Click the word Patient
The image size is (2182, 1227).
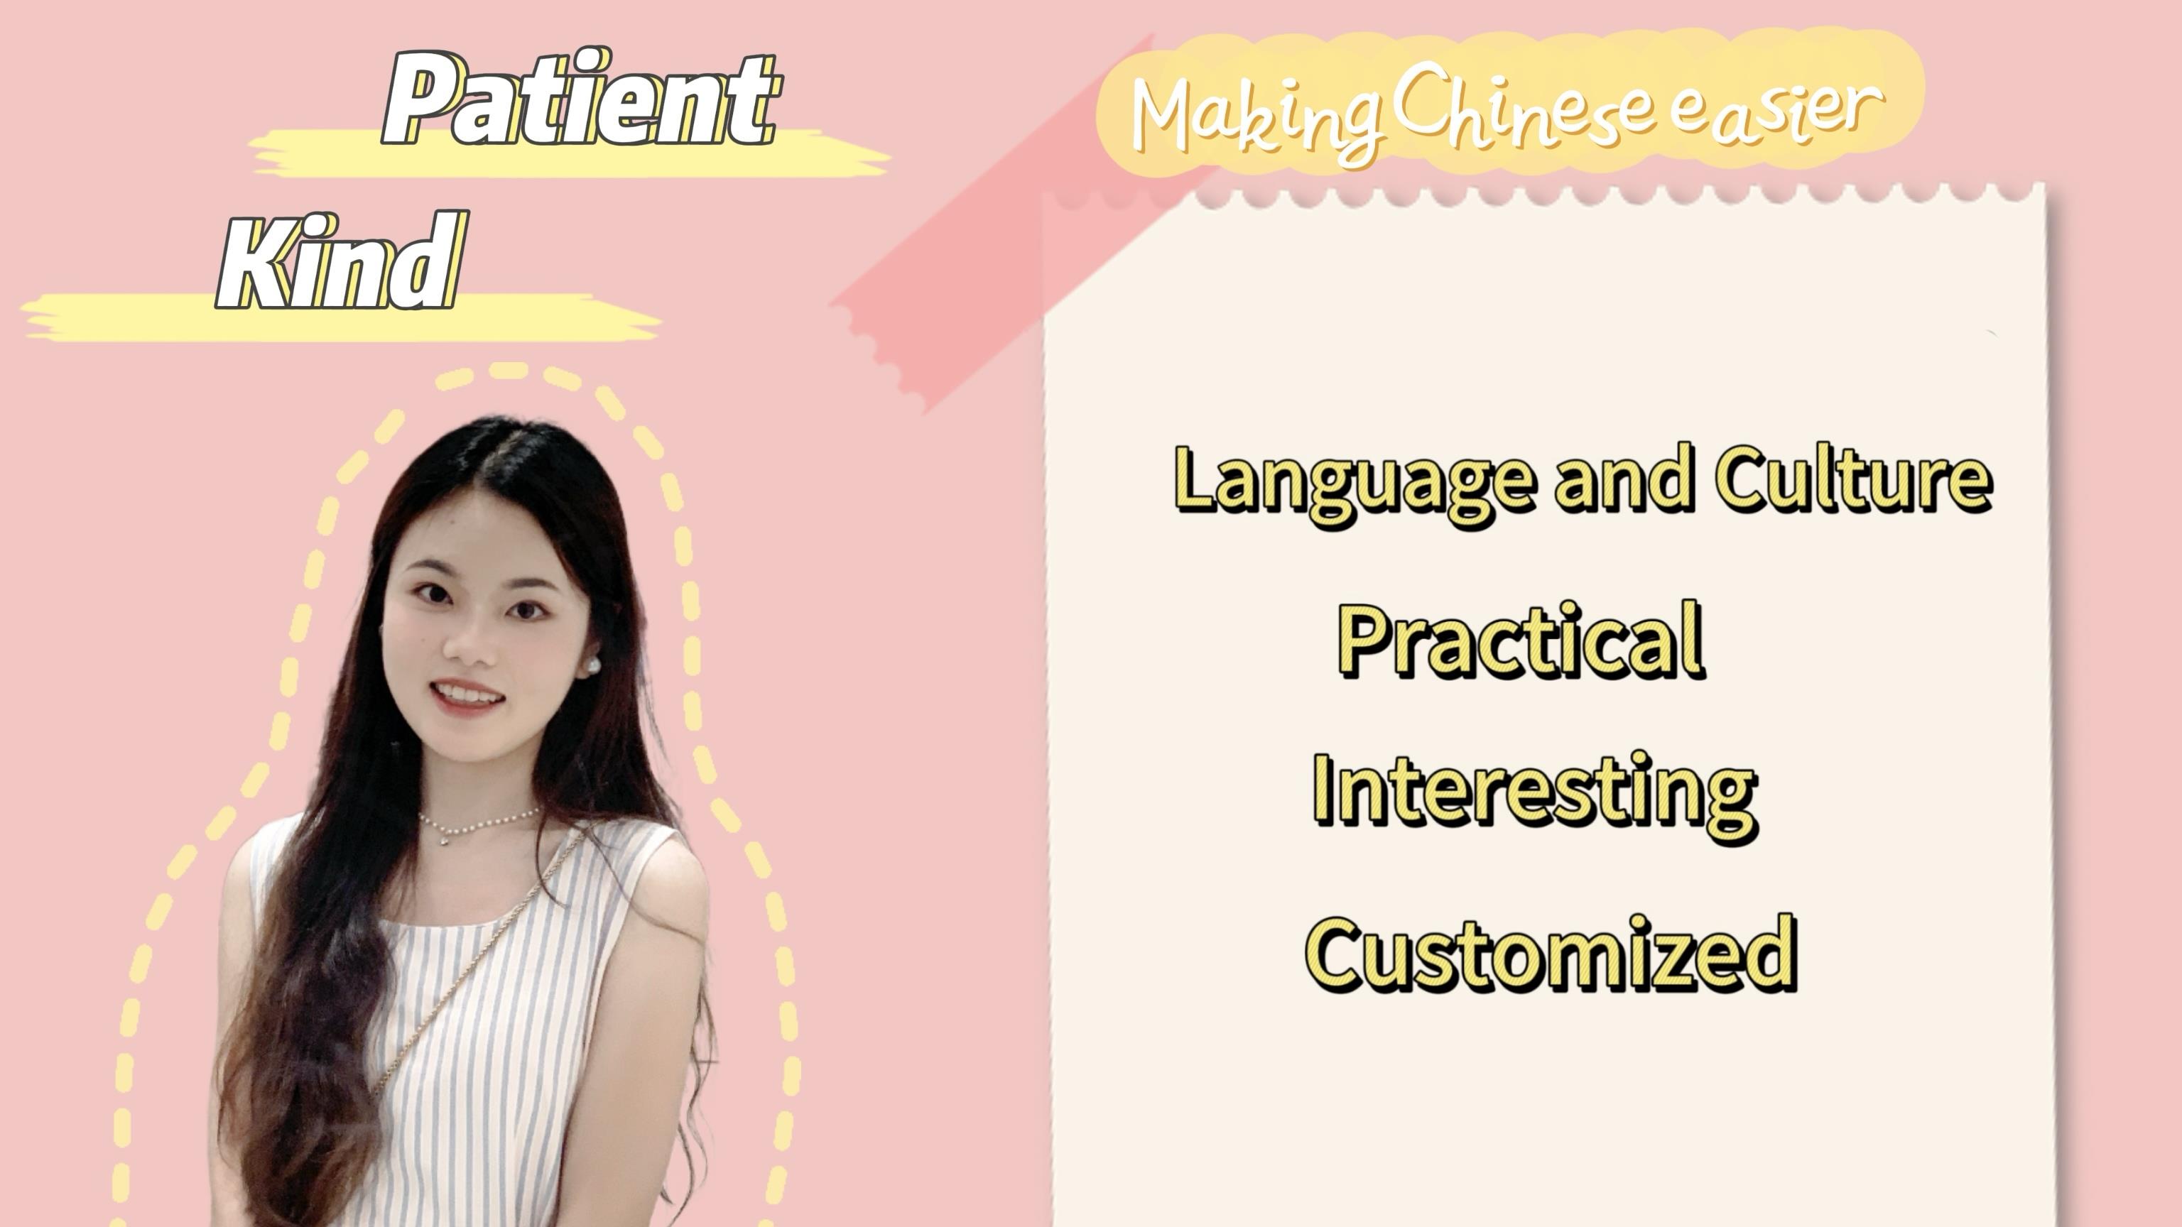[x=580, y=97]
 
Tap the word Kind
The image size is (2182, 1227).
[x=343, y=261]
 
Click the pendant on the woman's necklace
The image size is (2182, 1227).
[x=444, y=840]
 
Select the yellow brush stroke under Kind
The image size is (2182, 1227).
[x=339, y=317]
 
